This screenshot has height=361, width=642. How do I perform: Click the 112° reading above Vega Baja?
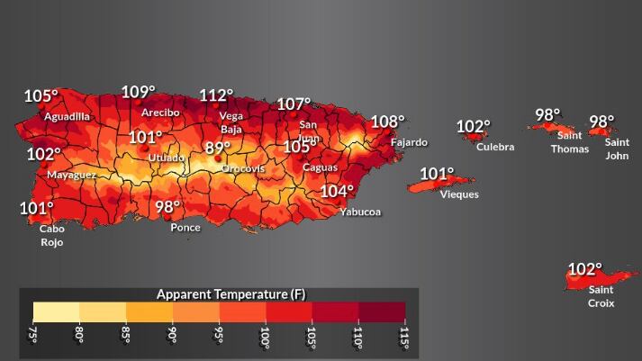click(x=216, y=95)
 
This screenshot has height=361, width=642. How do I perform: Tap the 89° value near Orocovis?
click(x=217, y=148)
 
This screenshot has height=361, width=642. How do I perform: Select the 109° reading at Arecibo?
click(x=138, y=92)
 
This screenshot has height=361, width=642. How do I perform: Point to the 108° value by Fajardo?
click(x=387, y=122)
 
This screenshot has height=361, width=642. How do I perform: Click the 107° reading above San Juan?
click(x=294, y=104)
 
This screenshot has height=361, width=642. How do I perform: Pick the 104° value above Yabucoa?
click(x=337, y=191)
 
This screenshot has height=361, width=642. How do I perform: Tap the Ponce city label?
click(x=185, y=228)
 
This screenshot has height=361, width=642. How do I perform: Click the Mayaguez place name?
click(x=71, y=175)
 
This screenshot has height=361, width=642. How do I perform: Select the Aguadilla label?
click(x=68, y=116)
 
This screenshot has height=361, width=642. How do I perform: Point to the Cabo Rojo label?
click(x=51, y=235)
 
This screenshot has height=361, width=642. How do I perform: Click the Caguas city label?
click(x=320, y=167)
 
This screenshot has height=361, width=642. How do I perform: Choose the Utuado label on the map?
click(x=166, y=158)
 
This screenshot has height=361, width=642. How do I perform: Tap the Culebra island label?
click(x=495, y=147)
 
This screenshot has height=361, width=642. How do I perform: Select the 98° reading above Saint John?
click(x=601, y=121)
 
